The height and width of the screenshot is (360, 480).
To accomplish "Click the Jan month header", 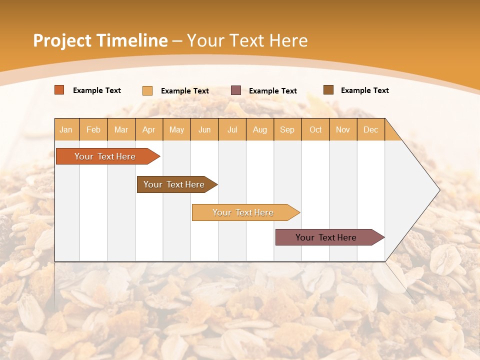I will coord(66,129).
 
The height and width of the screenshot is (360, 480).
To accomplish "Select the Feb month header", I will coord(93,129).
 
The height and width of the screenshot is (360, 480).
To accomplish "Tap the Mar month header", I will coord(121,129).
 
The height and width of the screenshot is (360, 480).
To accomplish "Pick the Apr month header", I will coord(149,129).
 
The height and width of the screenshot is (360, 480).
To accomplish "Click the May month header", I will coord(176,129).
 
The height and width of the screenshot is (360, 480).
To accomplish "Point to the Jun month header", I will coord(204,129).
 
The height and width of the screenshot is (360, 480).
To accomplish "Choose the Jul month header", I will coord(232,129).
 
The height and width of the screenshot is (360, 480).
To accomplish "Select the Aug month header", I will coord(260,129).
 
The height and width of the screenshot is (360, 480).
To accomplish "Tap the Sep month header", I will coord(287,129).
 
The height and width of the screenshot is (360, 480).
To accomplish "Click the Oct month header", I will coord(315,129).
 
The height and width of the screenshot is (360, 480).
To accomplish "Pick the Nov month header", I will coord(343,129).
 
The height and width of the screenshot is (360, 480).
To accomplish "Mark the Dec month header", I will coord(371,129).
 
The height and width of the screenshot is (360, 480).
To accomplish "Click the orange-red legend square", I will coord(59,90).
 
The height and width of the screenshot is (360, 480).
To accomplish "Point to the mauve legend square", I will coord(236,90).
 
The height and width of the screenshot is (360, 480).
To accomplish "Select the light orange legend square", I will coord(147,90).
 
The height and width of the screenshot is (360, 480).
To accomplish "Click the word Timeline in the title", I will coord(132,40).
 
